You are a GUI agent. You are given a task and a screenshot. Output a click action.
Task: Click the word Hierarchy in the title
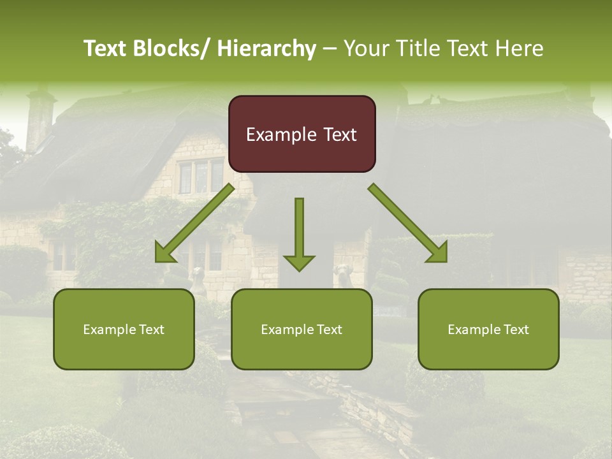266,48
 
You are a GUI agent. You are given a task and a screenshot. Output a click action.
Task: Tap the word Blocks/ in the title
170,48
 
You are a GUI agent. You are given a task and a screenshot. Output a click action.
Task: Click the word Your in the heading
367,48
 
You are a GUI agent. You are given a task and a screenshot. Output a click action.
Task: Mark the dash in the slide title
330,49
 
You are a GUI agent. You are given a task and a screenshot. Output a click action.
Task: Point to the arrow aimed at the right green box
408,223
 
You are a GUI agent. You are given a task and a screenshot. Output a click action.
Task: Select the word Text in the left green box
150,330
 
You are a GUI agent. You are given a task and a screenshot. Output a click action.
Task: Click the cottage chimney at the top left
40,118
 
